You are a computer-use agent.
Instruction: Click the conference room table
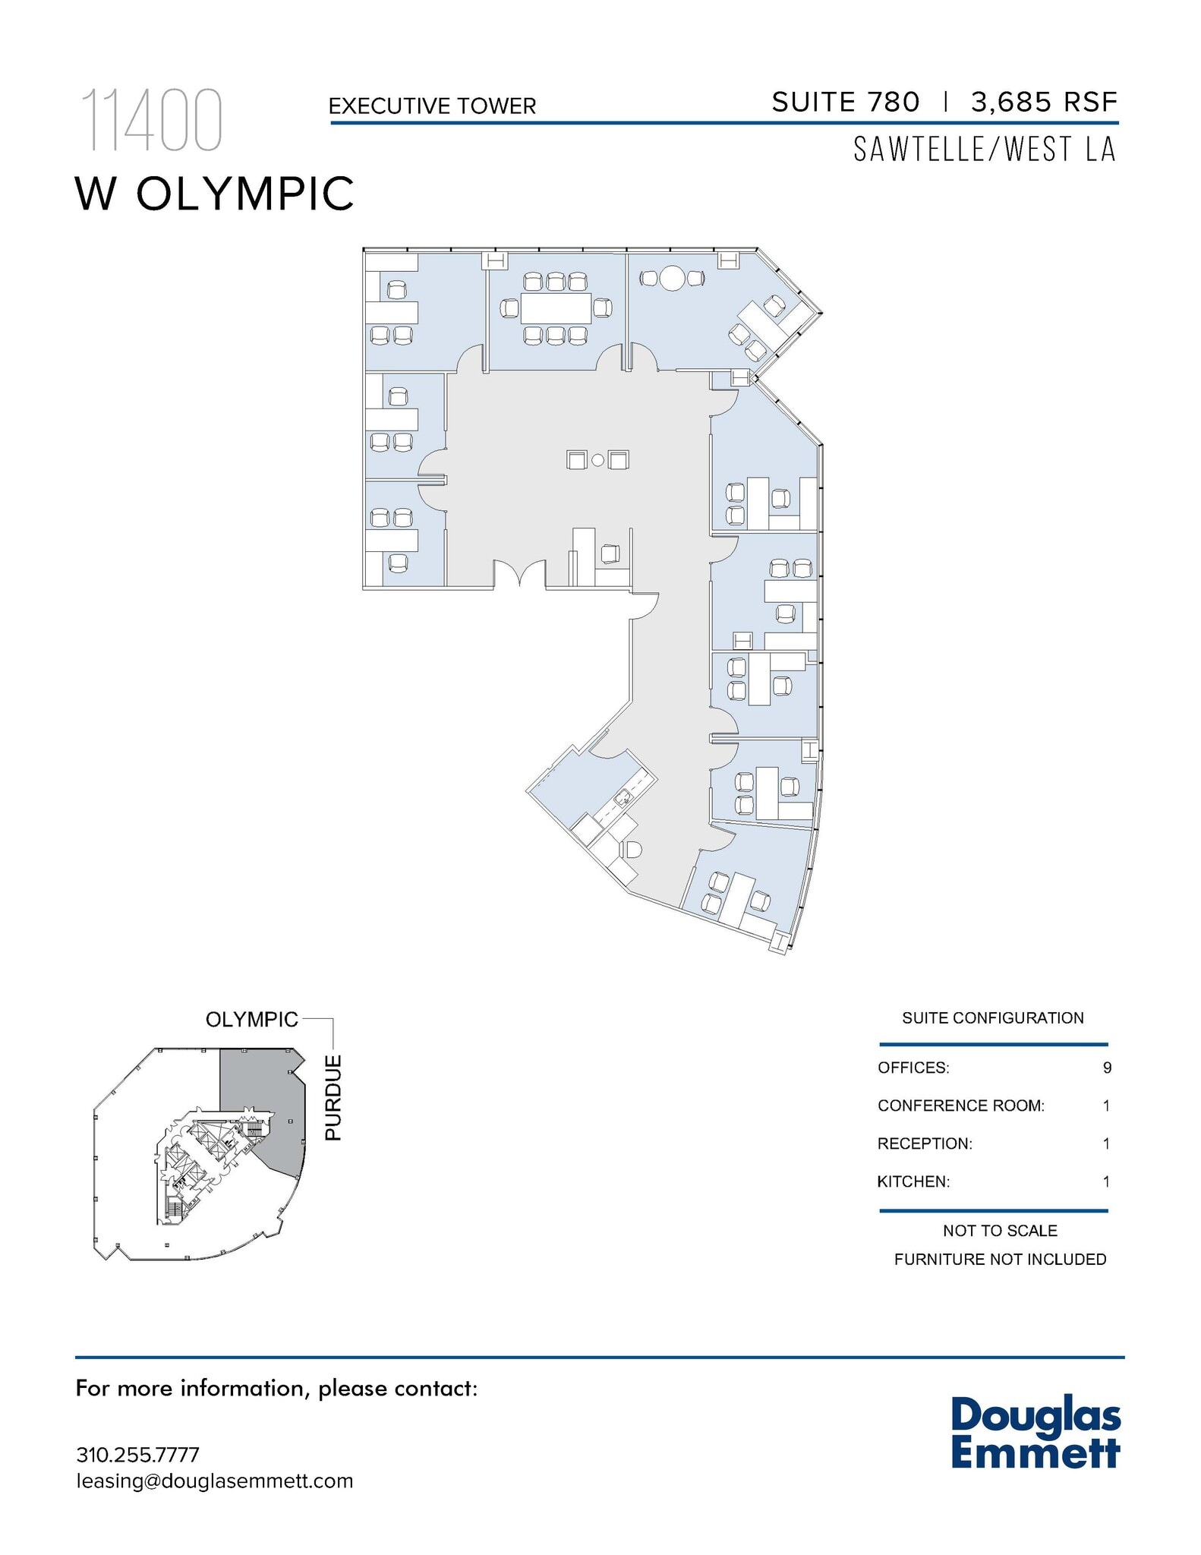pyautogui.click(x=556, y=308)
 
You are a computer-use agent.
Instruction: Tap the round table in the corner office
pyautogui.click(x=672, y=278)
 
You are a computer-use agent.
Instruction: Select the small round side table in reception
pyautogui.click(x=597, y=460)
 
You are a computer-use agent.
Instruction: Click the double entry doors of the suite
pyautogui.click(x=519, y=575)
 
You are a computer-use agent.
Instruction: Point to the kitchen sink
pyautogui.click(x=623, y=796)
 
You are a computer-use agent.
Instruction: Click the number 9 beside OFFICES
pyautogui.click(x=1107, y=1068)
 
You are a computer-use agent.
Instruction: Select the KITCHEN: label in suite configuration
pyautogui.click(x=913, y=1181)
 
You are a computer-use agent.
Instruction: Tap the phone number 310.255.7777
pyautogui.click(x=137, y=1455)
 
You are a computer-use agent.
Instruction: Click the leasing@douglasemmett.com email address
pyautogui.click(x=214, y=1481)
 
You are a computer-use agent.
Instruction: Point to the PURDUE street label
pyautogui.click(x=333, y=1097)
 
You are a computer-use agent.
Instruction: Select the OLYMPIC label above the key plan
pyautogui.click(x=251, y=1019)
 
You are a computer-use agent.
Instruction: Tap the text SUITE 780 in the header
pyautogui.click(x=845, y=102)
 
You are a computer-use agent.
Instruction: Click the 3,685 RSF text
pyautogui.click(x=1044, y=102)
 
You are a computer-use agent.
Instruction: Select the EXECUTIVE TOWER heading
pyautogui.click(x=432, y=106)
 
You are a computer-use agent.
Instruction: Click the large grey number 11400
pyautogui.click(x=151, y=120)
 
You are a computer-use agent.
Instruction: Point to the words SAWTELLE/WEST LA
pyautogui.click(x=985, y=150)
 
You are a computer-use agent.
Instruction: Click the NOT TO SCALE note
pyautogui.click(x=1000, y=1230)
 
